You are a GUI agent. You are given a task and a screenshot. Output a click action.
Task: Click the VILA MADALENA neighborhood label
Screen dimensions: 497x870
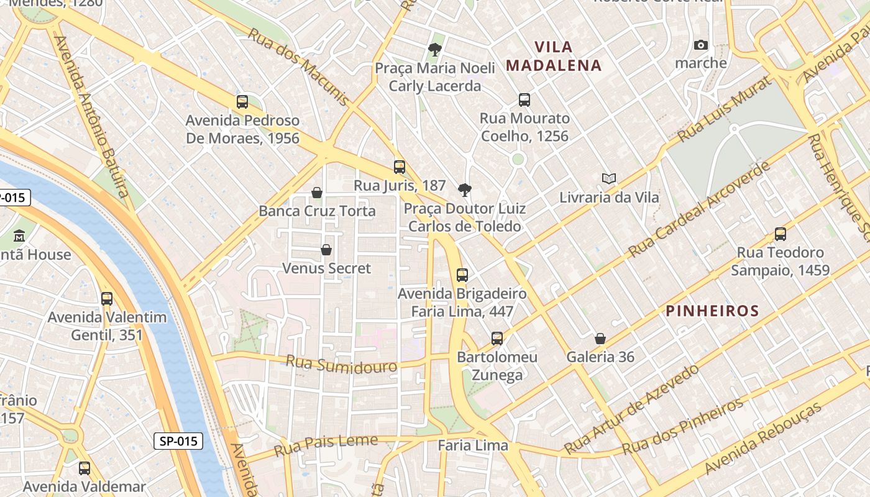tap(554, 56)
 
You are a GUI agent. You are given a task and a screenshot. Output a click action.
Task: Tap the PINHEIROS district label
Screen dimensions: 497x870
tap(712, 311)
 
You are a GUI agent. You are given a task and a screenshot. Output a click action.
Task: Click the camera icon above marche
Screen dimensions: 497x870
tap(701, 45)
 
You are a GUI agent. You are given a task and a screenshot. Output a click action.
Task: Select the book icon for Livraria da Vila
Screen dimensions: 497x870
tap(609, 179)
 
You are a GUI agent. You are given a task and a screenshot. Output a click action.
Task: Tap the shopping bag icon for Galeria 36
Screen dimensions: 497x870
tap(600, 339)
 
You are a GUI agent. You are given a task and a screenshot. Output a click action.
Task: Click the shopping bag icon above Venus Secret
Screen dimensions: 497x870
tap(326, 250)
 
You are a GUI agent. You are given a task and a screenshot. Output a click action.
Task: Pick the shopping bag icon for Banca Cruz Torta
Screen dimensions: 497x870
tap(317, 193)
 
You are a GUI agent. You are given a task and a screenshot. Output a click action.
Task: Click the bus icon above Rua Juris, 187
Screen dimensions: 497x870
tap(400, 166)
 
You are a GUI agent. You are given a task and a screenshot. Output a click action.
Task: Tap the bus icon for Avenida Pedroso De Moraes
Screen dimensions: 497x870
tap(242, 102)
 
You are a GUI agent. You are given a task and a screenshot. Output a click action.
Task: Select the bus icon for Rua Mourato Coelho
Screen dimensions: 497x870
tap(524, 99)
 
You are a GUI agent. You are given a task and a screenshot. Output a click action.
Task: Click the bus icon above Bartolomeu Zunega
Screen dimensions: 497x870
tap(497, 339)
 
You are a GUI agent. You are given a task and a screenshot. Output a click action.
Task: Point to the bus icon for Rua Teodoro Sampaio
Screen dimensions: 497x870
tap(781, 234)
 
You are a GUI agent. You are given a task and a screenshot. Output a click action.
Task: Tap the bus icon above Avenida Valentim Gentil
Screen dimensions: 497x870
tap(107, 299)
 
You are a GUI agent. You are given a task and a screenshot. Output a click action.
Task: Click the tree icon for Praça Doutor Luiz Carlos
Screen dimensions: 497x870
tap(464, 190)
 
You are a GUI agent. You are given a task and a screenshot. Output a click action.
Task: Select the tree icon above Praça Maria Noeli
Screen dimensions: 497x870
tap(435, 50)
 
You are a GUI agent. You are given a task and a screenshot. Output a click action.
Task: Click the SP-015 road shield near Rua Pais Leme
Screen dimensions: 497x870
tap(178, 441)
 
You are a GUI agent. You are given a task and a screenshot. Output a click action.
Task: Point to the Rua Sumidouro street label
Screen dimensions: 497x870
tap(341, 364)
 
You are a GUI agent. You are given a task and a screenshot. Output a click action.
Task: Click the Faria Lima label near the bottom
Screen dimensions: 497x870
tap(472, 445)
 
